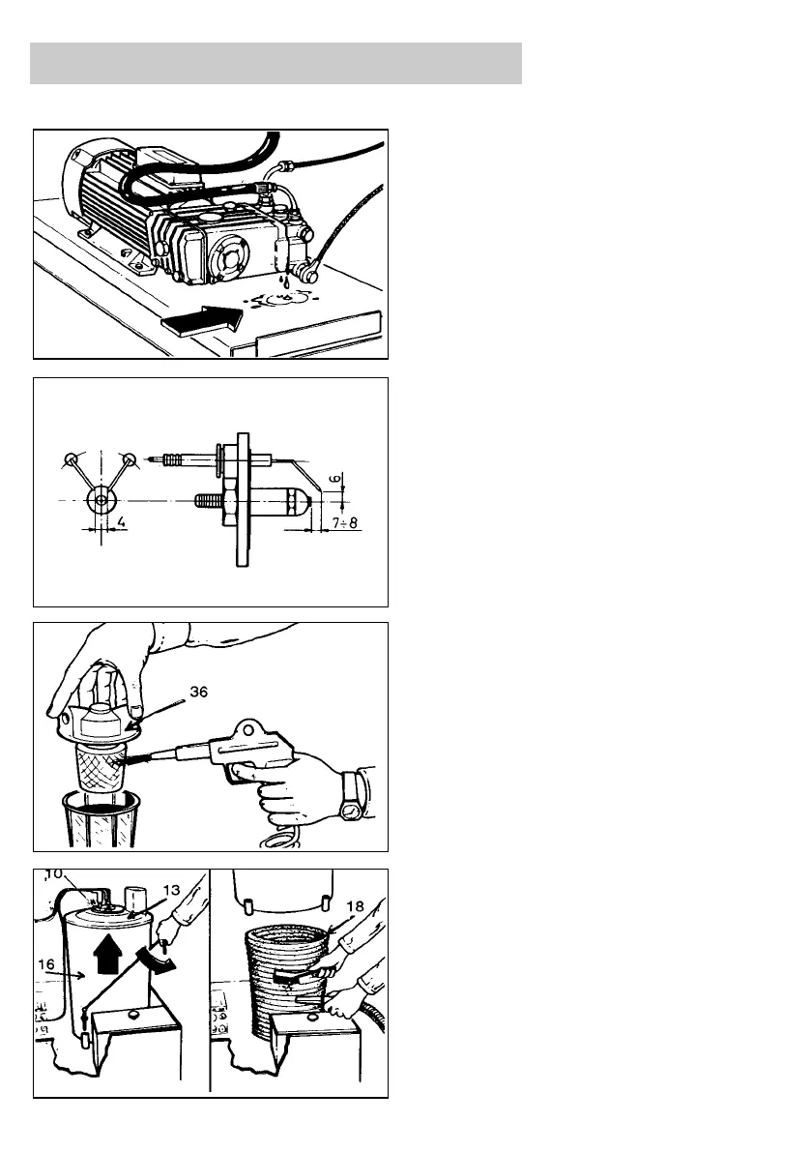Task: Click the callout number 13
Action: click(x=173, y=890)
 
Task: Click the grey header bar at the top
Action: click(x=276, y=63)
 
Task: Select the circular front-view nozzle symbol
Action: click(x=101, y=500)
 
